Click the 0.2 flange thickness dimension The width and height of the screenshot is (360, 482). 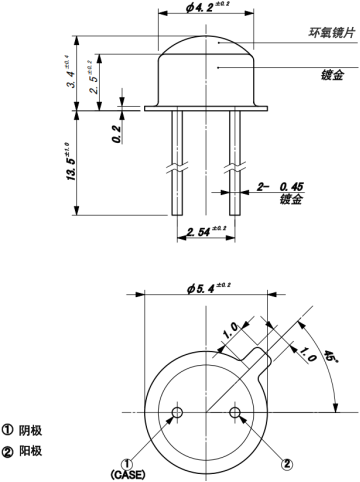pos(116,134)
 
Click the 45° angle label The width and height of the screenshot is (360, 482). pos(330,358)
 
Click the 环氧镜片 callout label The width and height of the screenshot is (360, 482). pos(331,33)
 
